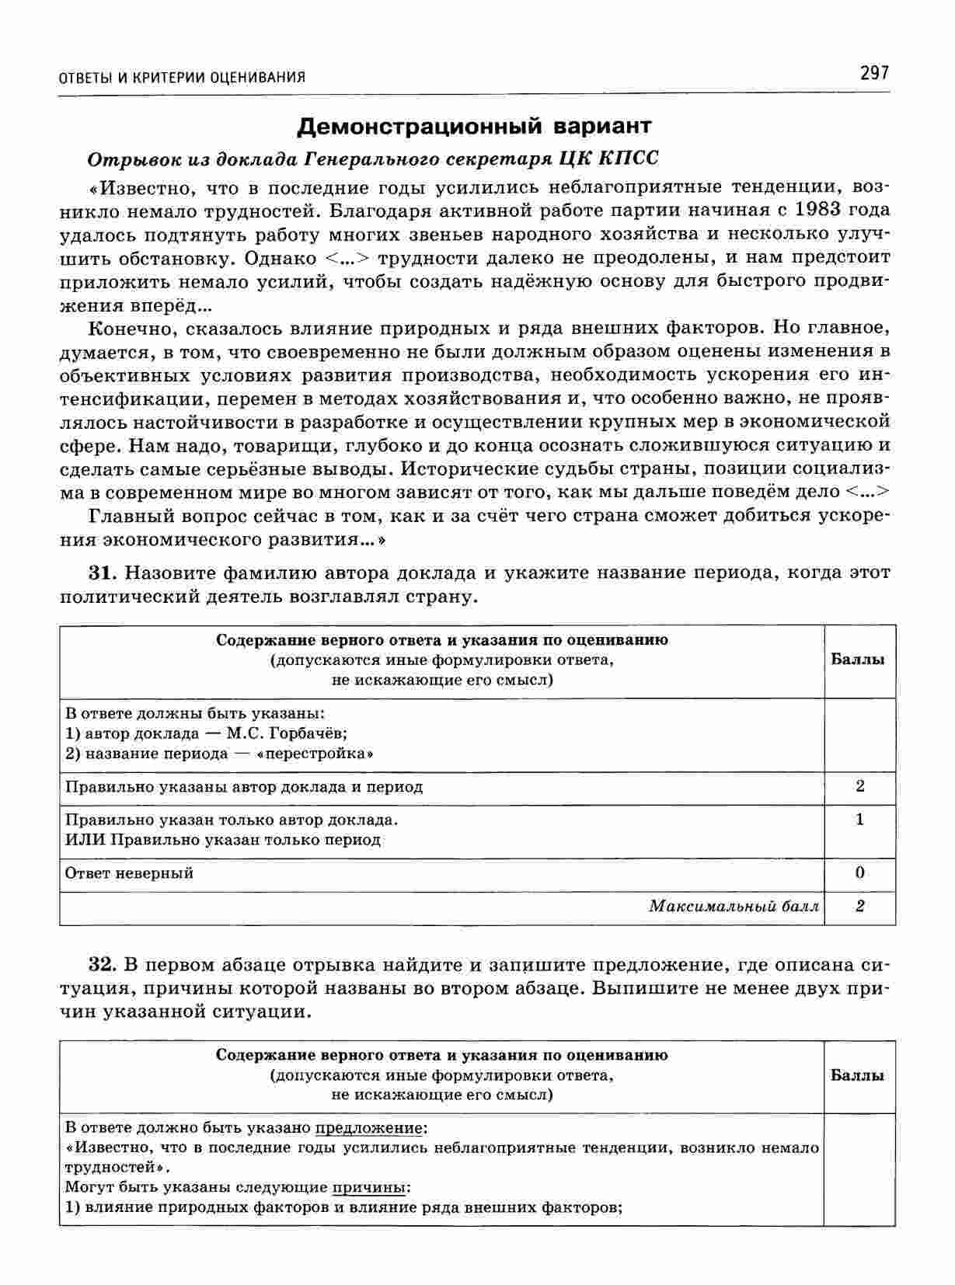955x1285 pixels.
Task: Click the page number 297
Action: (x=873, y=73)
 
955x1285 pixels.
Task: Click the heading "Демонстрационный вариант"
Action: (x=475, y=125)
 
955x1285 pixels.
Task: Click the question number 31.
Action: (x=102, y=573)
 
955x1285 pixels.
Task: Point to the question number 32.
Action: (x=102, y=965)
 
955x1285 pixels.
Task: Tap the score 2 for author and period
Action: (x=859, y=786)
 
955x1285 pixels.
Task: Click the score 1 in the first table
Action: (x=859, y=820)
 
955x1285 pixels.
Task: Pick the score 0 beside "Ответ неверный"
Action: (x=859, y=872)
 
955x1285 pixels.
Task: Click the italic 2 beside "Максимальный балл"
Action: (x=859, y=906)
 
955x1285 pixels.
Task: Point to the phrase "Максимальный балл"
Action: (x=734, y=906)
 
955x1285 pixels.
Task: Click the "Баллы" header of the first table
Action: (x=858, y=660)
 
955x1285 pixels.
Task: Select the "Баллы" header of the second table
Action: (x=858, y=1075)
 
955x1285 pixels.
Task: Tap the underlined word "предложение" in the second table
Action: (x=369, y=1127)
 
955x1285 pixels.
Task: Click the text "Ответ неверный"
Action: (x=129, y=873)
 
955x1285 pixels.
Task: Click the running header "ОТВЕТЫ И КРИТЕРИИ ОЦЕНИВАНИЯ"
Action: (x=182, y=77)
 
